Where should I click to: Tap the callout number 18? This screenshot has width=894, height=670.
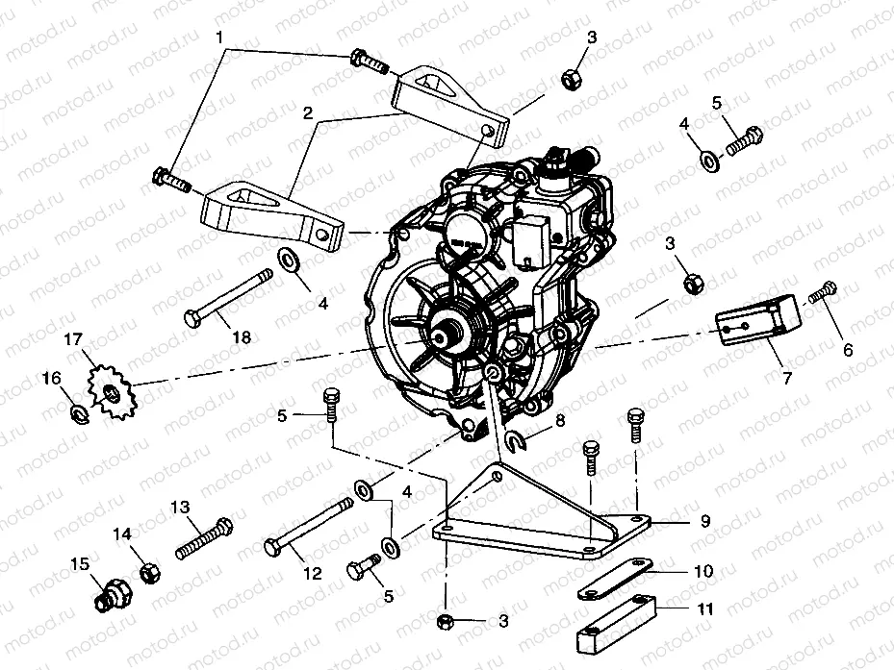[x=241, y=336]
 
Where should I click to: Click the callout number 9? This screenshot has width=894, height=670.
[x=705, y=521]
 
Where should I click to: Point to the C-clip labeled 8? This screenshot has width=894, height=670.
[x=516, y=441]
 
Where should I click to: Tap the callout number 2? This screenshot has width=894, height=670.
[x=307, y=112]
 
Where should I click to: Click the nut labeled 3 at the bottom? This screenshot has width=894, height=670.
[x=447, y=620]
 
